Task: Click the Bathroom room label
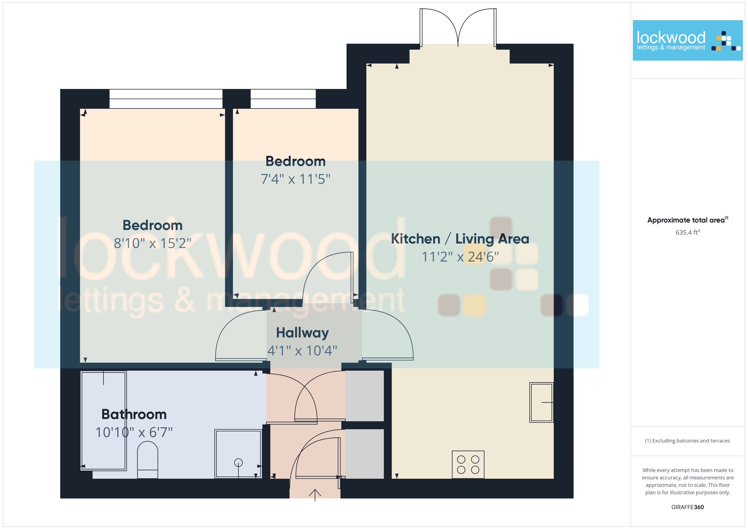coord(134,414)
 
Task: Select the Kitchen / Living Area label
coord(460,239)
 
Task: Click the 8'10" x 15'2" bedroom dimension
coord(152,243)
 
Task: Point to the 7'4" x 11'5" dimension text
coord(296,179)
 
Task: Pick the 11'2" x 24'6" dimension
coord(460,257)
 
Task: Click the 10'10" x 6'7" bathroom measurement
coord(134,432)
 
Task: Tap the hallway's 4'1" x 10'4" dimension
coord(302,351)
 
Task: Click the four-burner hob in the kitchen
coord(468,465)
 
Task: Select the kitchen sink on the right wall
coord(541,402)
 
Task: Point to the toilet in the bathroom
coord(148,460)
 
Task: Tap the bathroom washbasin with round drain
coord(238,454)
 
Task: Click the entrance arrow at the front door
coord(315,495)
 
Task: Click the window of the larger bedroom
coord(166,99)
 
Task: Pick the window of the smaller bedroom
coord(283,99)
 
